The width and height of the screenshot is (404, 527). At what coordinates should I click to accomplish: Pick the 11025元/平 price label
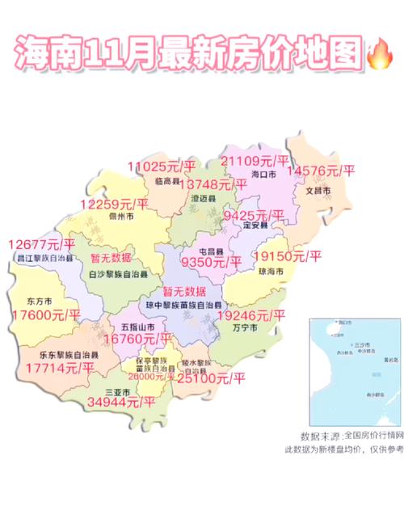162,167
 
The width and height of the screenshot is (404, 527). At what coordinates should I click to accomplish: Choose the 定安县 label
256,226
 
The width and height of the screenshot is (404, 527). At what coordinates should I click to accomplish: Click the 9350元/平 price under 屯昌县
212,261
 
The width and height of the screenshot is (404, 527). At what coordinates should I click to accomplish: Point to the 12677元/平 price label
40,244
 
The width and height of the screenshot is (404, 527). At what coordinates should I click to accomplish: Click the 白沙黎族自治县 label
117,275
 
